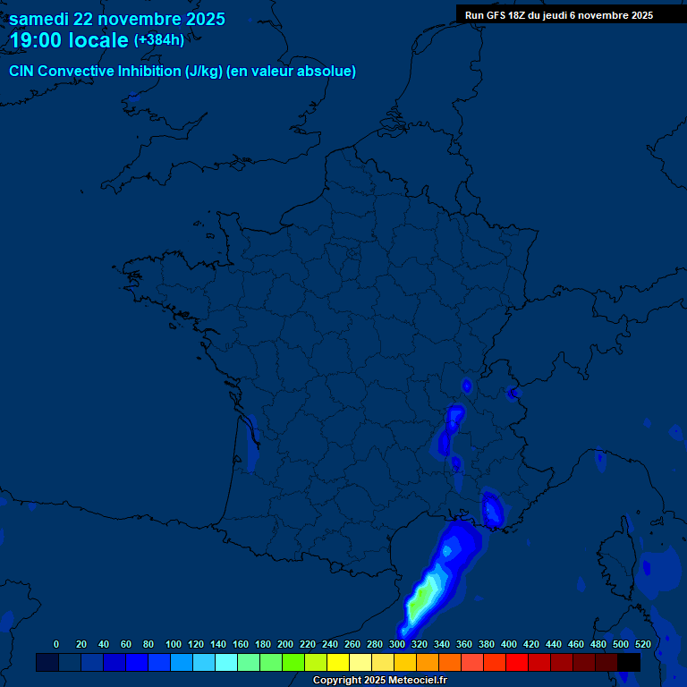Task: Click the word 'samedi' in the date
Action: [x=38, y=19]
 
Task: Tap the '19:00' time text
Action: [x=35, y=40]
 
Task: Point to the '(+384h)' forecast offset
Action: [x=159, y=39]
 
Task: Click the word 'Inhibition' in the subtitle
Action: [x=149, y=72]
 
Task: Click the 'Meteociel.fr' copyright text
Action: [x=412, y=681]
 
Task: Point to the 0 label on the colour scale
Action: [x=56, y=644]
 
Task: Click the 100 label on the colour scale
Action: [x=174, y=644]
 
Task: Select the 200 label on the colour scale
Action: [x=285, y=644]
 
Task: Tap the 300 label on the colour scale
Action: [x=397, y=644]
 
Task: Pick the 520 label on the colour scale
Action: [x=642, y=644]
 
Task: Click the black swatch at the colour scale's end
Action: [x=629, y=662]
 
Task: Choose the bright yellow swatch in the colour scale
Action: [x=338, y=662]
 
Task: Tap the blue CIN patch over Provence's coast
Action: [x=492, y=510]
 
